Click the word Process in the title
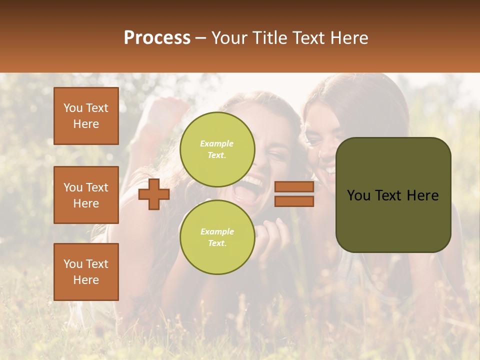157,38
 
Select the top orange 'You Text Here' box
86,116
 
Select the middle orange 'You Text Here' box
86,195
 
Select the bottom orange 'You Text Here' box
86,271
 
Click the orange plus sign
154,194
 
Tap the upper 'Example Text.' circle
217,149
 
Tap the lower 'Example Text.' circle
217,237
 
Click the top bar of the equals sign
294,187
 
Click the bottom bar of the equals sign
294,201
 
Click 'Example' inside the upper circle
217,144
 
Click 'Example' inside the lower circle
217,231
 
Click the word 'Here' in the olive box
423,195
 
